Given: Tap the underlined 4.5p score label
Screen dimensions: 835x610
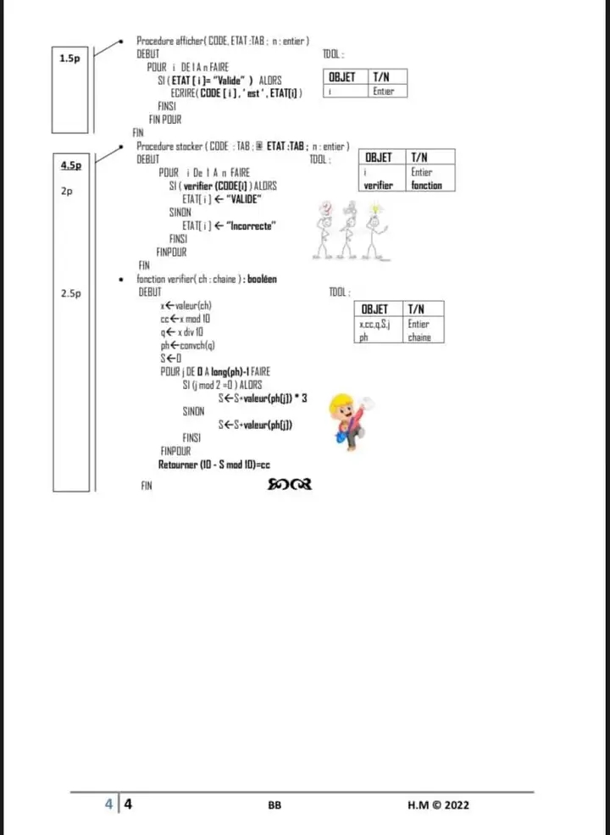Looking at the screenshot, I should click(x=71, y=164).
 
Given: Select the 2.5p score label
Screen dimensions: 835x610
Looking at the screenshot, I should click(x=71, y=293).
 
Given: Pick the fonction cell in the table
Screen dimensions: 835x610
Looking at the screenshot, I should click(x=427, y=185).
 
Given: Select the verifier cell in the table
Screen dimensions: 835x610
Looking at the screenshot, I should click(x=379, y=185).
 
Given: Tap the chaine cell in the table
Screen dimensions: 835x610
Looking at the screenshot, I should click(x=419, y=337).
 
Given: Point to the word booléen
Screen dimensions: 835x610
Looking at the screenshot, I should click(x=262, y=279).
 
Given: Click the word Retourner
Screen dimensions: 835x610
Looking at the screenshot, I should click(x=177, y=465).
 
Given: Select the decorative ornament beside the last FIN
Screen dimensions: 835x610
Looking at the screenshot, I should click(x=290, y=485).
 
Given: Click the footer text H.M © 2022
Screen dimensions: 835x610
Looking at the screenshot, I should click(x=438, y=805).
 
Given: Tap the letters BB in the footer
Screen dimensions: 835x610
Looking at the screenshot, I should click(x=274, y=806).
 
